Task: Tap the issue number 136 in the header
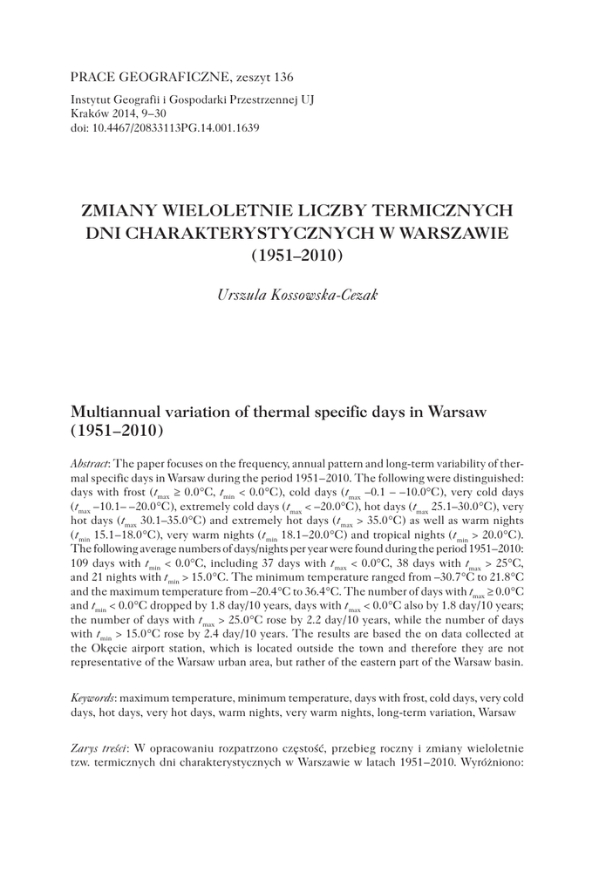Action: click(281, 77)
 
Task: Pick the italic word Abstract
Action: click(91, 465)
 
